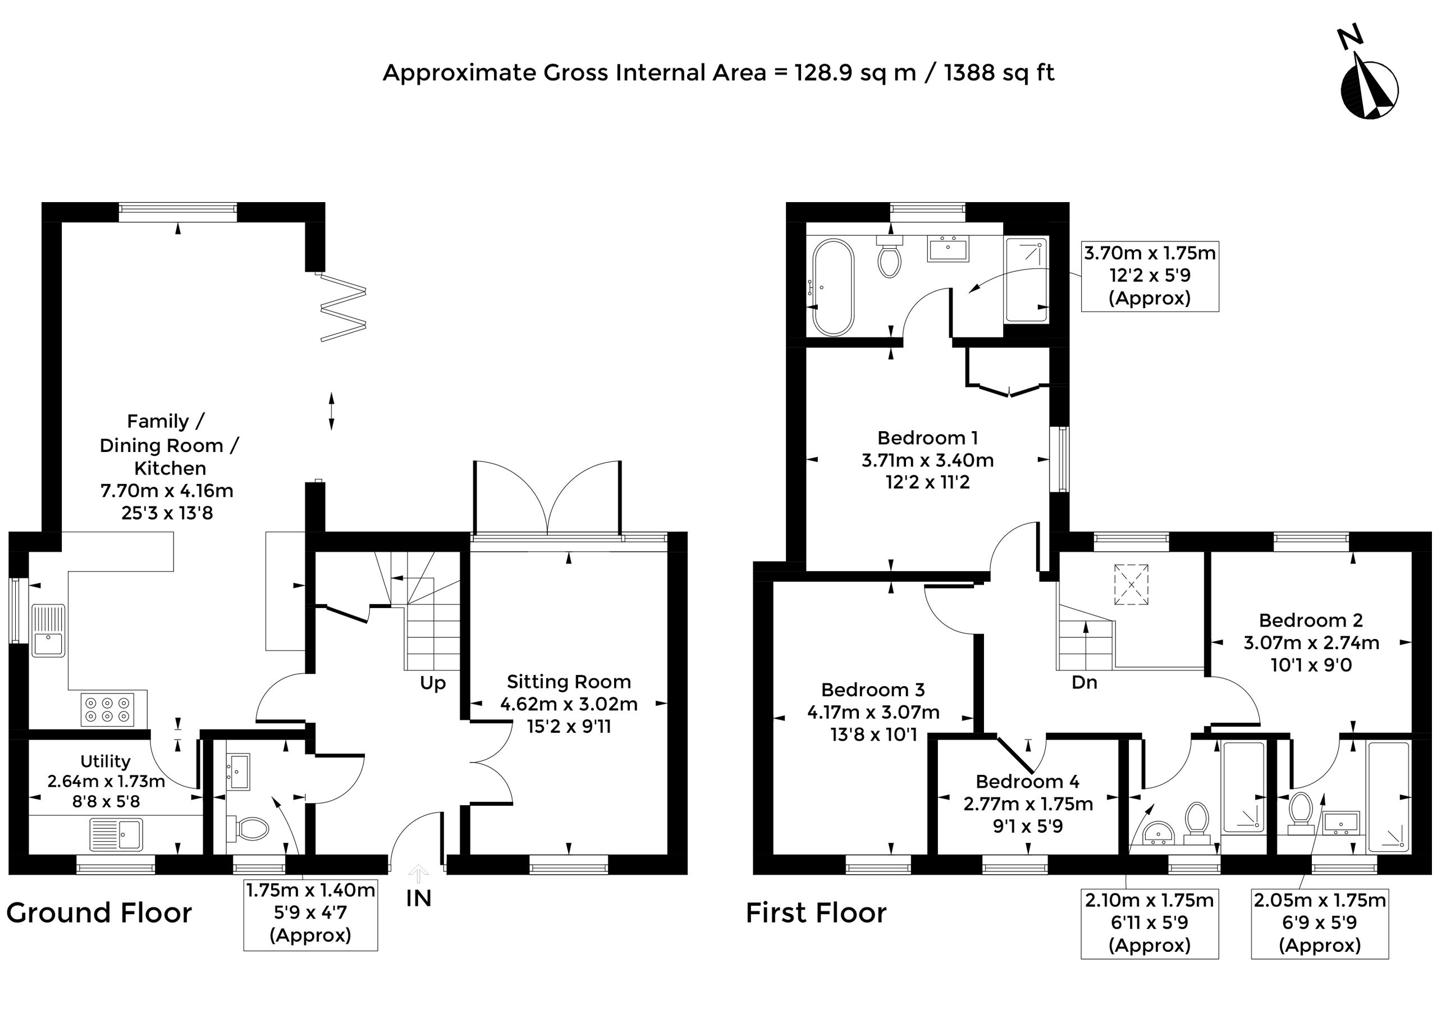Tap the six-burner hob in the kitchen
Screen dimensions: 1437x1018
coord(108,710)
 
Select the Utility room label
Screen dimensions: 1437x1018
coord(106,761)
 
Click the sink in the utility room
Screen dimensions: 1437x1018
coord(117,834)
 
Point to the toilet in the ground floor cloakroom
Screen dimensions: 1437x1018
coord(248,828)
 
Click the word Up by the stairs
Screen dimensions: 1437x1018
coord(432,683)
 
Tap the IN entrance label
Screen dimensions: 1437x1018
coord(419,898)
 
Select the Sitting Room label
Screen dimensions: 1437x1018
coord(569,682)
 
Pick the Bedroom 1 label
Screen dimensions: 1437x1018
coord(927,437)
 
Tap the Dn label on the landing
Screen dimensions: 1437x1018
coord(1084,683)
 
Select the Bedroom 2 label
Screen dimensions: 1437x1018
coord(1311,620)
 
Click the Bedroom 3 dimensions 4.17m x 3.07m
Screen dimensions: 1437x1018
coord(873,712)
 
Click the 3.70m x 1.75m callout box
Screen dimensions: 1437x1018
coord(1150,276)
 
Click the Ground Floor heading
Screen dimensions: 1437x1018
coord(99,912)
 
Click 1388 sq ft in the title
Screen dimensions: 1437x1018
coord(999,73)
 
